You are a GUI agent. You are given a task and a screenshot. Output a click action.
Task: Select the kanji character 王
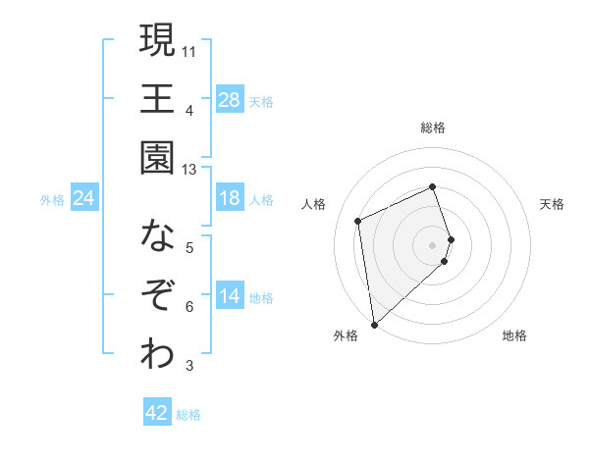coord(157,99)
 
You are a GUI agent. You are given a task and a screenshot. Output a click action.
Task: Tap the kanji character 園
coord(157,158)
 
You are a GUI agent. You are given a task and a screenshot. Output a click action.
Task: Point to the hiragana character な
coord(157,236)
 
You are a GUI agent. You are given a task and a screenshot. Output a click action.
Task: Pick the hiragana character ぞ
coord(157,295)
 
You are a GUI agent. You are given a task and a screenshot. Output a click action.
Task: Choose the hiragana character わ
coord(157,354)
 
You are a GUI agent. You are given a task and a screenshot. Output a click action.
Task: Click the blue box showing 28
coord(230,100)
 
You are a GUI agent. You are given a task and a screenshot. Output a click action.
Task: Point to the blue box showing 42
coord(157,413)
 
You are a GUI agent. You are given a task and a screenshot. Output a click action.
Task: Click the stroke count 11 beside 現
coord(189,50)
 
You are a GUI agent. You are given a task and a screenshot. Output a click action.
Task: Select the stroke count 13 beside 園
coord(189,170)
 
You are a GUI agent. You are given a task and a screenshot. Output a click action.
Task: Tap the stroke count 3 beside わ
coord(189,367)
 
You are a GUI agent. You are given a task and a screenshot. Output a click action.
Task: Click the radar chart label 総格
coord(433,128)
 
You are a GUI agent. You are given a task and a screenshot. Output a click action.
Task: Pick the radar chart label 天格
coord(552,204)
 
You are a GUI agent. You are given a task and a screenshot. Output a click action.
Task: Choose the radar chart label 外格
coord(346,335)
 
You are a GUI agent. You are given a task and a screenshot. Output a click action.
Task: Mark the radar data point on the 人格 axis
coord(358,221)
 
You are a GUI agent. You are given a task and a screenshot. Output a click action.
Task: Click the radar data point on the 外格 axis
coord(374,323)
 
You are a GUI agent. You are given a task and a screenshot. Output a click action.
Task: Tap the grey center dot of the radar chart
coord(433,244)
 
